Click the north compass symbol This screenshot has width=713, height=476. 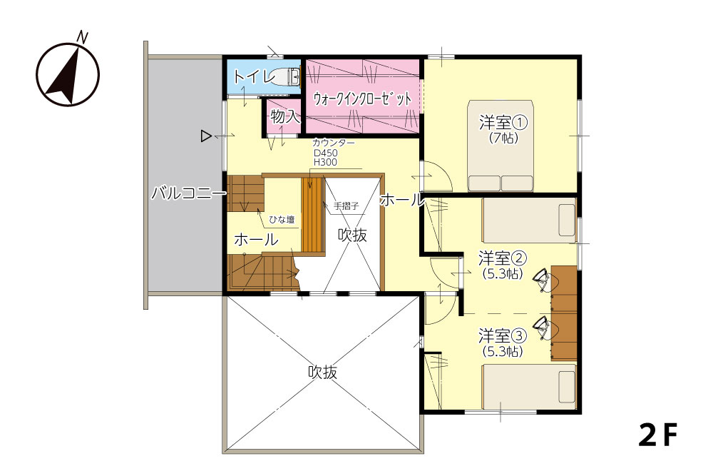point(68,73)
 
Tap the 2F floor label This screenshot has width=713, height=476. point(657,435)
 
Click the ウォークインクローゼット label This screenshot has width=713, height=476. point(362,98)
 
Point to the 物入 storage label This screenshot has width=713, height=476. point(285,116)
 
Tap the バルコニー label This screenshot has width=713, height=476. point(188,193)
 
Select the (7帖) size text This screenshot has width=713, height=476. point(503,138)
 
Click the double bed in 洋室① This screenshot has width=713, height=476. point(501,146)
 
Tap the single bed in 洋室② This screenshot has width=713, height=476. point(529,221)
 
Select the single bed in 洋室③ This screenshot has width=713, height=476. point(529,386)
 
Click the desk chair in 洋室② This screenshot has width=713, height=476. point(543,279)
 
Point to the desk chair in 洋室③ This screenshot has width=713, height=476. point(543,328)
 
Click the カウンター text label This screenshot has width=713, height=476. point(334,143)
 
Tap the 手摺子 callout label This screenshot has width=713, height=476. point(347,206)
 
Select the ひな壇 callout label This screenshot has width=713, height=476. point(282,220)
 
